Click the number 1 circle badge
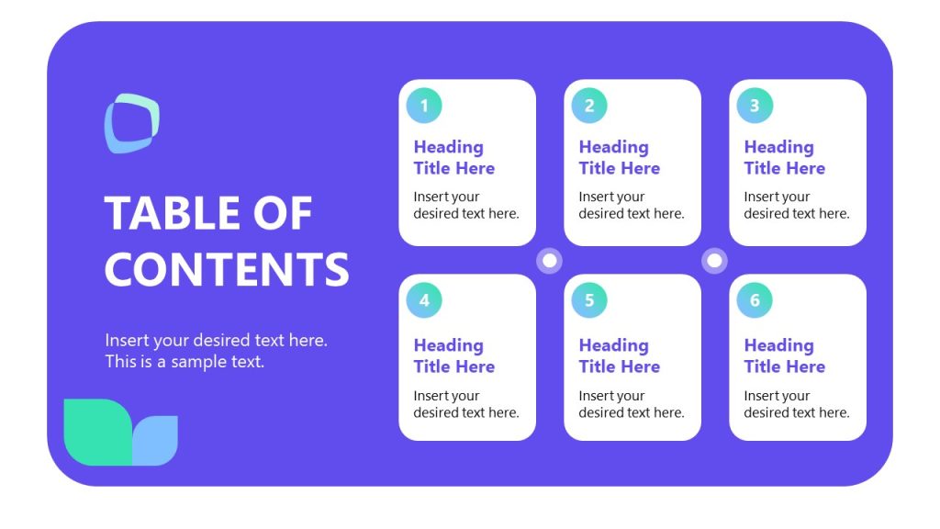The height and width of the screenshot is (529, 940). tap(424, 106)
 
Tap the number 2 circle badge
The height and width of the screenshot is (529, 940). tap(589, 106)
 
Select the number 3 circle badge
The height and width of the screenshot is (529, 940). tap(755, 106)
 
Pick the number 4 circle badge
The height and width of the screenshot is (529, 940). tap(424, 300)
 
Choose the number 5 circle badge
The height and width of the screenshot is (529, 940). tap(589, 300)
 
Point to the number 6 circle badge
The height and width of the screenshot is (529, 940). tap(755, 300)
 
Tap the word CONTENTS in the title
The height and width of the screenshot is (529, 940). tap(227, 269)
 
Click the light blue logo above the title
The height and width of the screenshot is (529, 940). tap(131, 123)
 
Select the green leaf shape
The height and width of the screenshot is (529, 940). tap(96, 432)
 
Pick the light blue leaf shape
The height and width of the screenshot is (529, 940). tap(156, 441)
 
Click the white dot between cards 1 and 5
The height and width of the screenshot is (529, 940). tap(550, 261)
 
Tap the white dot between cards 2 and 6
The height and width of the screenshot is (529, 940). tap(714, 261)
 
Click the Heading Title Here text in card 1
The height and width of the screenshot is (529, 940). tap(453, 157)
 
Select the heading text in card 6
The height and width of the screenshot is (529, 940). tap(784, 355)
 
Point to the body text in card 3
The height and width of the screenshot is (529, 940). tap(796, 205)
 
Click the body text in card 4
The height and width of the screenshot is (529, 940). tap(465, 404)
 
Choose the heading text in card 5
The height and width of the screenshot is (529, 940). tap(619, 355)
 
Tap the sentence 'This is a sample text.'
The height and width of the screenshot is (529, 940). tap(185, 362)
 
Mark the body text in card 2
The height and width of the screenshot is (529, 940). tap(631, 205)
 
